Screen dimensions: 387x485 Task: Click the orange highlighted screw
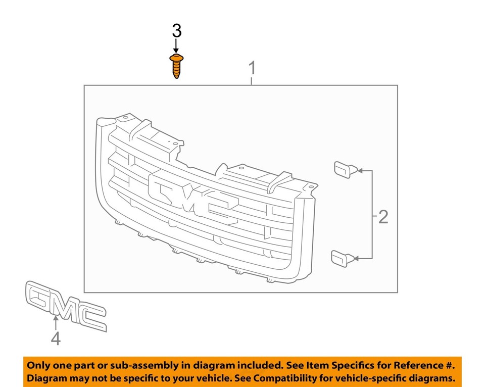tap(176, 67)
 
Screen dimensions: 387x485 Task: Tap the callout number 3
tap(176, 31)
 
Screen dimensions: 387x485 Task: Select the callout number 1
tap(252, 68)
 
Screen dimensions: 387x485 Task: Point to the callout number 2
tap(383, 217)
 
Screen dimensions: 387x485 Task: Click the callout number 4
tap(56, 338)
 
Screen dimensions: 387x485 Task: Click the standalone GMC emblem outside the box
tap(66, 306)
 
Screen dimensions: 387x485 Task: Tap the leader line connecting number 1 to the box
tap(252, 81)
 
